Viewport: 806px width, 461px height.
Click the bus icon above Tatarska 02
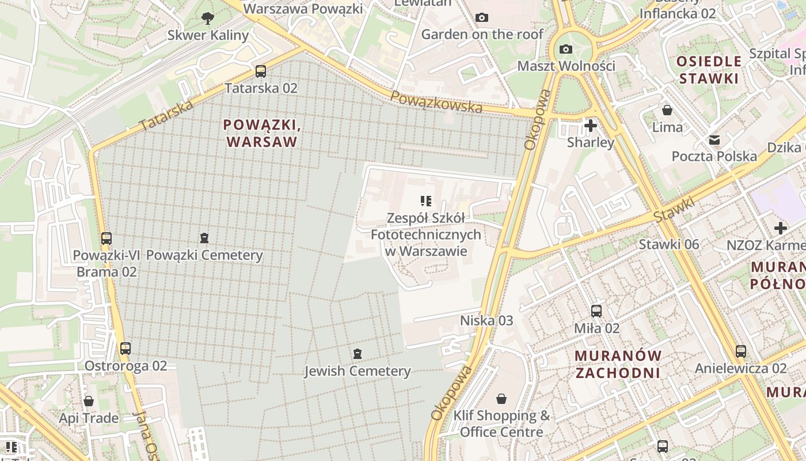[261, 71]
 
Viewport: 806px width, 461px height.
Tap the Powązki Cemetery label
[204, 255]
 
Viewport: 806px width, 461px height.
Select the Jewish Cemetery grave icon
[358, 353]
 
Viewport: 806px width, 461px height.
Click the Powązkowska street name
[436, 102]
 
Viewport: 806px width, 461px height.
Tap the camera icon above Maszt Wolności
[566, 49]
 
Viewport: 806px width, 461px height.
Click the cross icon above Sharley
[590, 125]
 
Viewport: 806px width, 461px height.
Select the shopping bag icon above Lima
[667, 109]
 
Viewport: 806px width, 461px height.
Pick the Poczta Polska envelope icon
[714, 140]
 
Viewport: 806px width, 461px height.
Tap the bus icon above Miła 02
[596, 311]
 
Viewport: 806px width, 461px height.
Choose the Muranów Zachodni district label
[618, 364]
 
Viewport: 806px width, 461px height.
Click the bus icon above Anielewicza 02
[740, 351]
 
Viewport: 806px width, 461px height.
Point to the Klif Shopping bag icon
[501, 399]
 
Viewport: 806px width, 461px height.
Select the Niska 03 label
[486, 320]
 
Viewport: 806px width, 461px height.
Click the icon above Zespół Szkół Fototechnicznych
[426, 201]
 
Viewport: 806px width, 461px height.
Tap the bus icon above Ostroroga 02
[126, 348]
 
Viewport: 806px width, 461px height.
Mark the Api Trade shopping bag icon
[89, 401]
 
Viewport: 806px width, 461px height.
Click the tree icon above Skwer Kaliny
[208, 18]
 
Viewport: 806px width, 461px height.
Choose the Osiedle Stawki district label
[708, 70]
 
